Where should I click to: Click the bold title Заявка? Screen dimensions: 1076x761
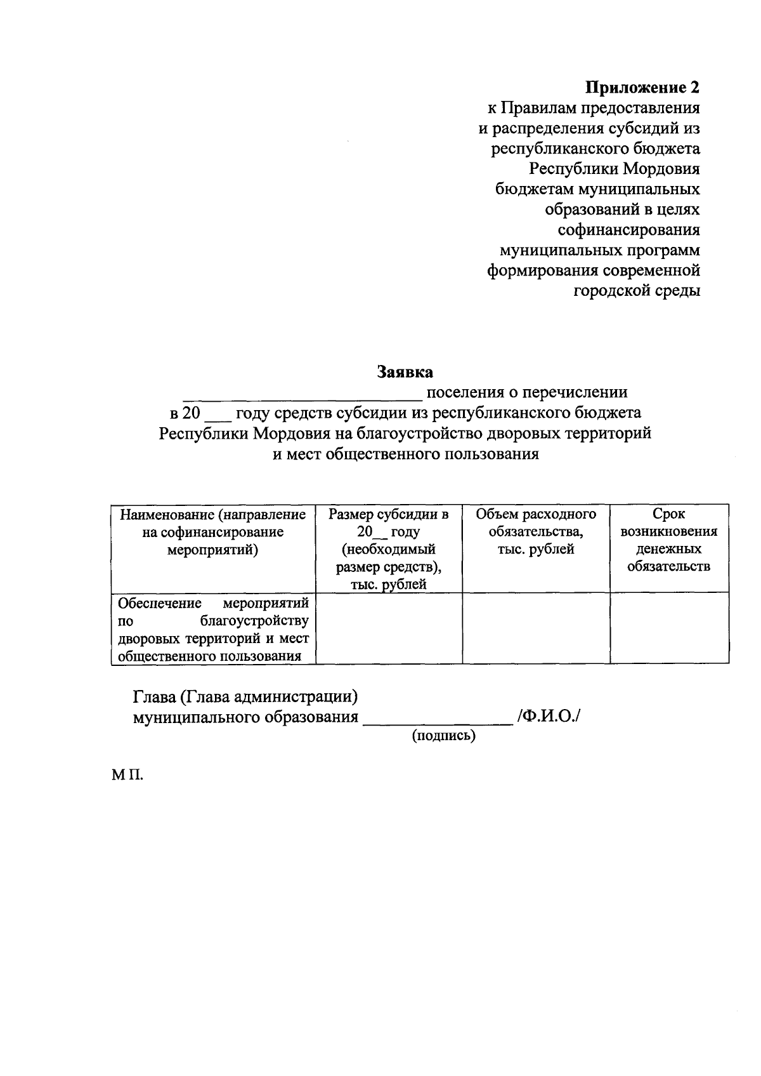coord(405,372)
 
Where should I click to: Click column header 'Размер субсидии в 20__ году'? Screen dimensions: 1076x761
coord(389,548)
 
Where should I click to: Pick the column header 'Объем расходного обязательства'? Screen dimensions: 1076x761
coord(536,531)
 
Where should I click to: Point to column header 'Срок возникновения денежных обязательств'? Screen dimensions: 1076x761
coord(669,540)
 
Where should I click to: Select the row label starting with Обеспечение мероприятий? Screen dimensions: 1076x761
coord(213,629)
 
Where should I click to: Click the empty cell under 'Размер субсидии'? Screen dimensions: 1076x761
coord(389,629)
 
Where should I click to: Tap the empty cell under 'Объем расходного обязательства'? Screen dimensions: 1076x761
coord(536,629)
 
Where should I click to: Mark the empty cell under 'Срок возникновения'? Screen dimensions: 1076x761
coord(669,629)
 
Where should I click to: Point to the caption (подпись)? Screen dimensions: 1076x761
coord(444,736)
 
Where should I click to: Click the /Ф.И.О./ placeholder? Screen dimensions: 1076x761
coord(549,717)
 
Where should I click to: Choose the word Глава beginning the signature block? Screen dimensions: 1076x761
coord(153,697)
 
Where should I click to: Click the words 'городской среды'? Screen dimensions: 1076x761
coord(637,291)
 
